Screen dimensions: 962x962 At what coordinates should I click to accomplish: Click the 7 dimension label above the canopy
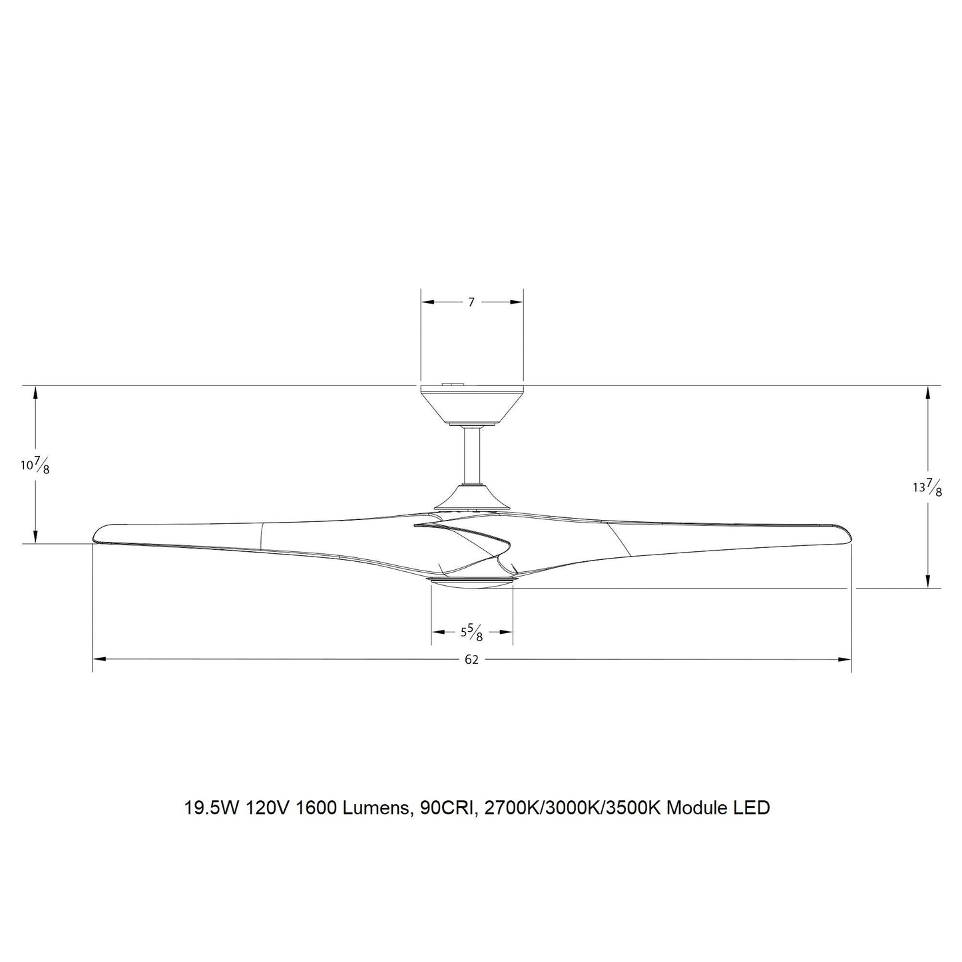click(471, 302)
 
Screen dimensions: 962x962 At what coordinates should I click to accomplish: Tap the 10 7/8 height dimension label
click(35, 466)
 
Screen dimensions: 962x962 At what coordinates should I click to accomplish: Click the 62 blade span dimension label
click(471, 660)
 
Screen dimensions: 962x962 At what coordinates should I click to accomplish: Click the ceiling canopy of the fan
click(471, 405)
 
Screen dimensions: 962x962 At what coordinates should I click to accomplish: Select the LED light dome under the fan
click(472, 583)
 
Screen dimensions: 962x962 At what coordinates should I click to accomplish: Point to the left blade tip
click(95, 537)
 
